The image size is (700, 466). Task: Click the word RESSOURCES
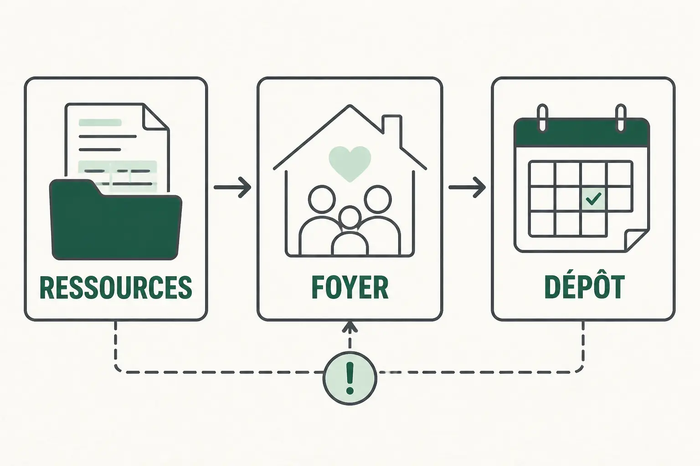(116, 288)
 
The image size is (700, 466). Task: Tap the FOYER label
(350, 288)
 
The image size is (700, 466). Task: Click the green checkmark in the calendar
(593, 198)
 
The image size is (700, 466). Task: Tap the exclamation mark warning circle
(350, 378)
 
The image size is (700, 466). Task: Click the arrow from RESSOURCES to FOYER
(232, 187)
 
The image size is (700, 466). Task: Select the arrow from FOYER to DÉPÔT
(467, 187)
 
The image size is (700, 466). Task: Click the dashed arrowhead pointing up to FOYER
(350, 327)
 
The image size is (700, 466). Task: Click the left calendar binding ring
(542, 117)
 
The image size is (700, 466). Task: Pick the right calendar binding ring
(621, 117)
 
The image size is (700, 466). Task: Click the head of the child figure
(350, 217)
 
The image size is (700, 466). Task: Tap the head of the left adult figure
(322, 199)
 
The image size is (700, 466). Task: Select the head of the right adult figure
(378, 199)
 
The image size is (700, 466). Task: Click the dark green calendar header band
(582, 133)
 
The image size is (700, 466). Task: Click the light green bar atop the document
(100, 122)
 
